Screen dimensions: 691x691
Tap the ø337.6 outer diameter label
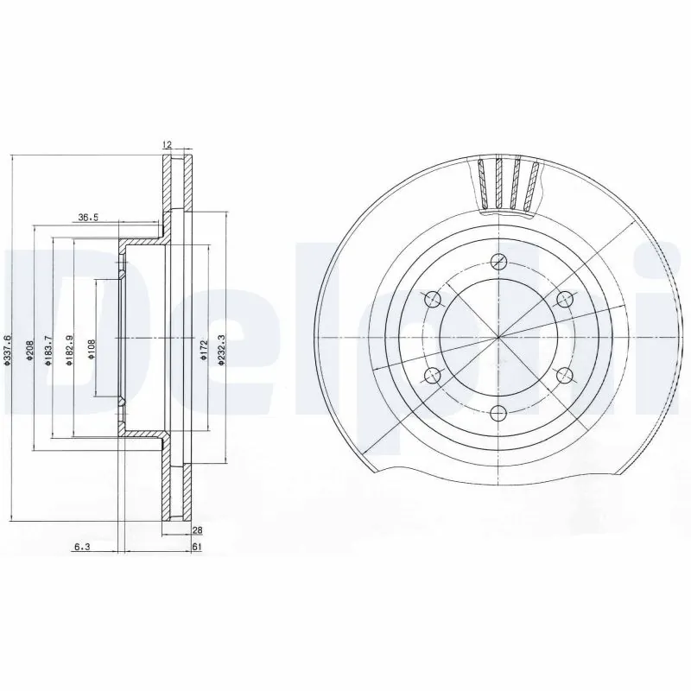(8, 352)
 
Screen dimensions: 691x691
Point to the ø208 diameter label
(29, 349)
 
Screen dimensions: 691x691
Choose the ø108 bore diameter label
(91, 349)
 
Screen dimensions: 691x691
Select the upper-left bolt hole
(433, 299)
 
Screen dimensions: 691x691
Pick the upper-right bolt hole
(564, 299)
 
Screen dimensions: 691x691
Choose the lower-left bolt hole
(433, 374)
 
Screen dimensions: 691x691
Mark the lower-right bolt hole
(564, 374)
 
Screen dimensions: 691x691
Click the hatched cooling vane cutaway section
(510, 183)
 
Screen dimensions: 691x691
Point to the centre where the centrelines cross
(498, 337)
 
